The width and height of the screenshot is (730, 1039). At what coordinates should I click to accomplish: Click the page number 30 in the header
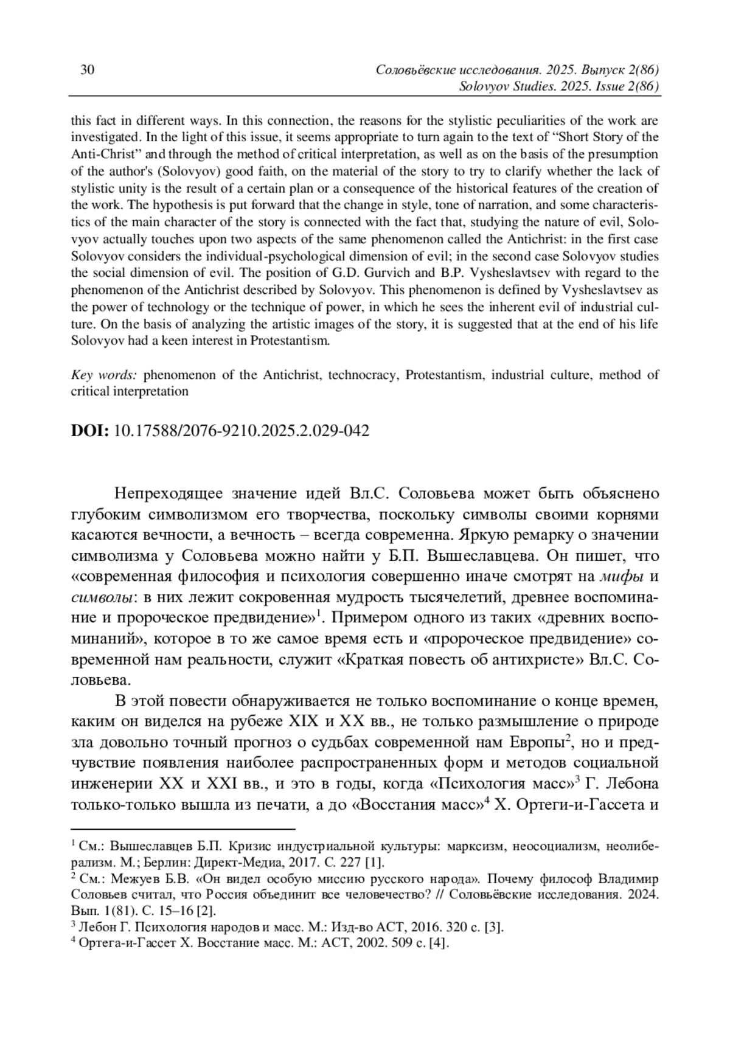pyautogui.click(x=87, y=70)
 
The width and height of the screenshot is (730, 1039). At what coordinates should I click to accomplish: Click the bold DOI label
pyautogui.click(x=90, y=431)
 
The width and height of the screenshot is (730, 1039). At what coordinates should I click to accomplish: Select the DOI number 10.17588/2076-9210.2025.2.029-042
pyautogui.click(x=242, y=431)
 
